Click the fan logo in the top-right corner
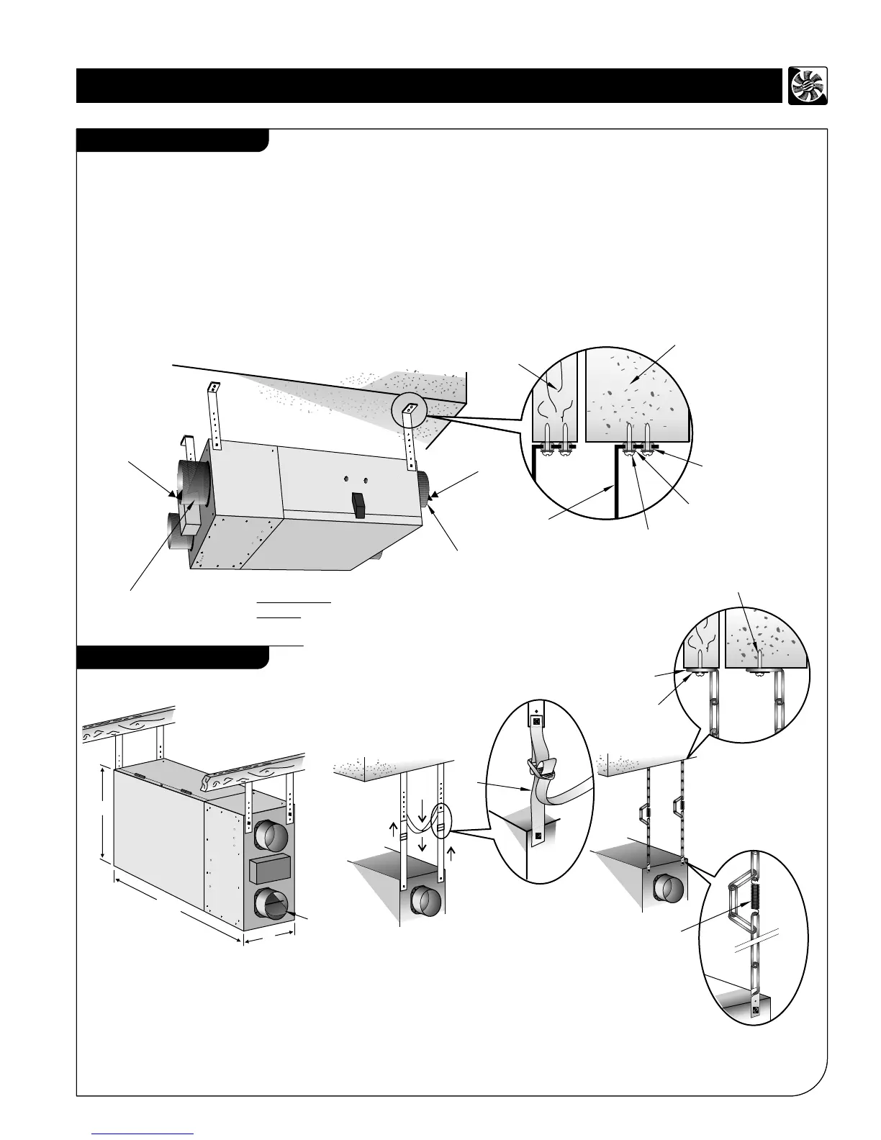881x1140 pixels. tap(808, 86)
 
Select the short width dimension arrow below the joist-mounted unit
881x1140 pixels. tap(269, 938)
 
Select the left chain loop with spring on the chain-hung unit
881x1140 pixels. tap(643, 813)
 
